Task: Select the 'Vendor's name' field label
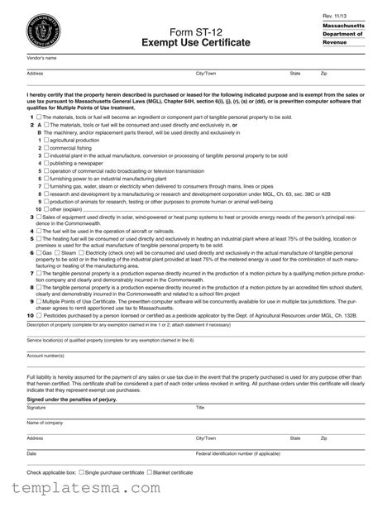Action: (x=41, y=58)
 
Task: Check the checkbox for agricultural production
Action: (x=47, y=141)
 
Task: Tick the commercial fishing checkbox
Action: (x=47, y=148)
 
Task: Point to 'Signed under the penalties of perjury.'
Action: (x=72, y=399)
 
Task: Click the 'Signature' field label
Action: (x=36, y=408)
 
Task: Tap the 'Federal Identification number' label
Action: (x=237, y=454)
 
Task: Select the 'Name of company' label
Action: (x=45, y=423)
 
